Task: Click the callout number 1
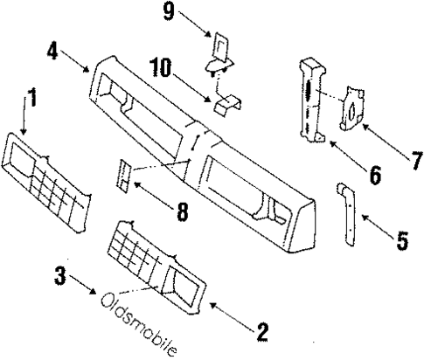pyautogui.click(x=31, y=99)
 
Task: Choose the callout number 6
pyautogui.click(x=373, y=175)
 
